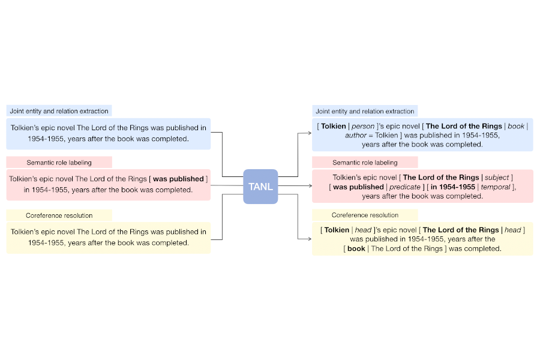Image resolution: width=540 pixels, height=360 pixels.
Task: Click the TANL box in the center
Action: click(260, 187)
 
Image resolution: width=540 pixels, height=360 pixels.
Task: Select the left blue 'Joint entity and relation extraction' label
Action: click(59, 111)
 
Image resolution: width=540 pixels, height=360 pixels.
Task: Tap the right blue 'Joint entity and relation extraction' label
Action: click(365, 111)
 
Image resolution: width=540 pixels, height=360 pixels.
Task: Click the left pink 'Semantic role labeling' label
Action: click(59, 162)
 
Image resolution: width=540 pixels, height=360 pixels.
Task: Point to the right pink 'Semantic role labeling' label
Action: click(365, 163)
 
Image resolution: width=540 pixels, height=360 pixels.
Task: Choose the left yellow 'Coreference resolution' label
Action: click(58, 215)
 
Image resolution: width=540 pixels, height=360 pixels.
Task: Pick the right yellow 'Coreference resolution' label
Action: click(365, 215)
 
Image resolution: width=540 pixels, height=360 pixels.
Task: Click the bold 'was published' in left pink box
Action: click(178, 179)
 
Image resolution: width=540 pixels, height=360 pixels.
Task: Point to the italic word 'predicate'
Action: click(405, 187)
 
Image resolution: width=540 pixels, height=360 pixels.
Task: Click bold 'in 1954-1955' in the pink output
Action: click(453, 187)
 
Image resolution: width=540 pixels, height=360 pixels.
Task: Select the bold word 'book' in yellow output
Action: click(356, 248)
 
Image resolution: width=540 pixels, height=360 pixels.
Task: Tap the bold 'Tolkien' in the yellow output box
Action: click(337, 230)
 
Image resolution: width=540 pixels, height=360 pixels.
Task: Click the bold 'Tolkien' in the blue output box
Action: click(334, 127)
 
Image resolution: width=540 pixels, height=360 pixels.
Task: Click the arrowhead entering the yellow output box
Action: click(308, 239)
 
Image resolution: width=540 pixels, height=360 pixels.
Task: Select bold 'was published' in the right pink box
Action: click(358, 187)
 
